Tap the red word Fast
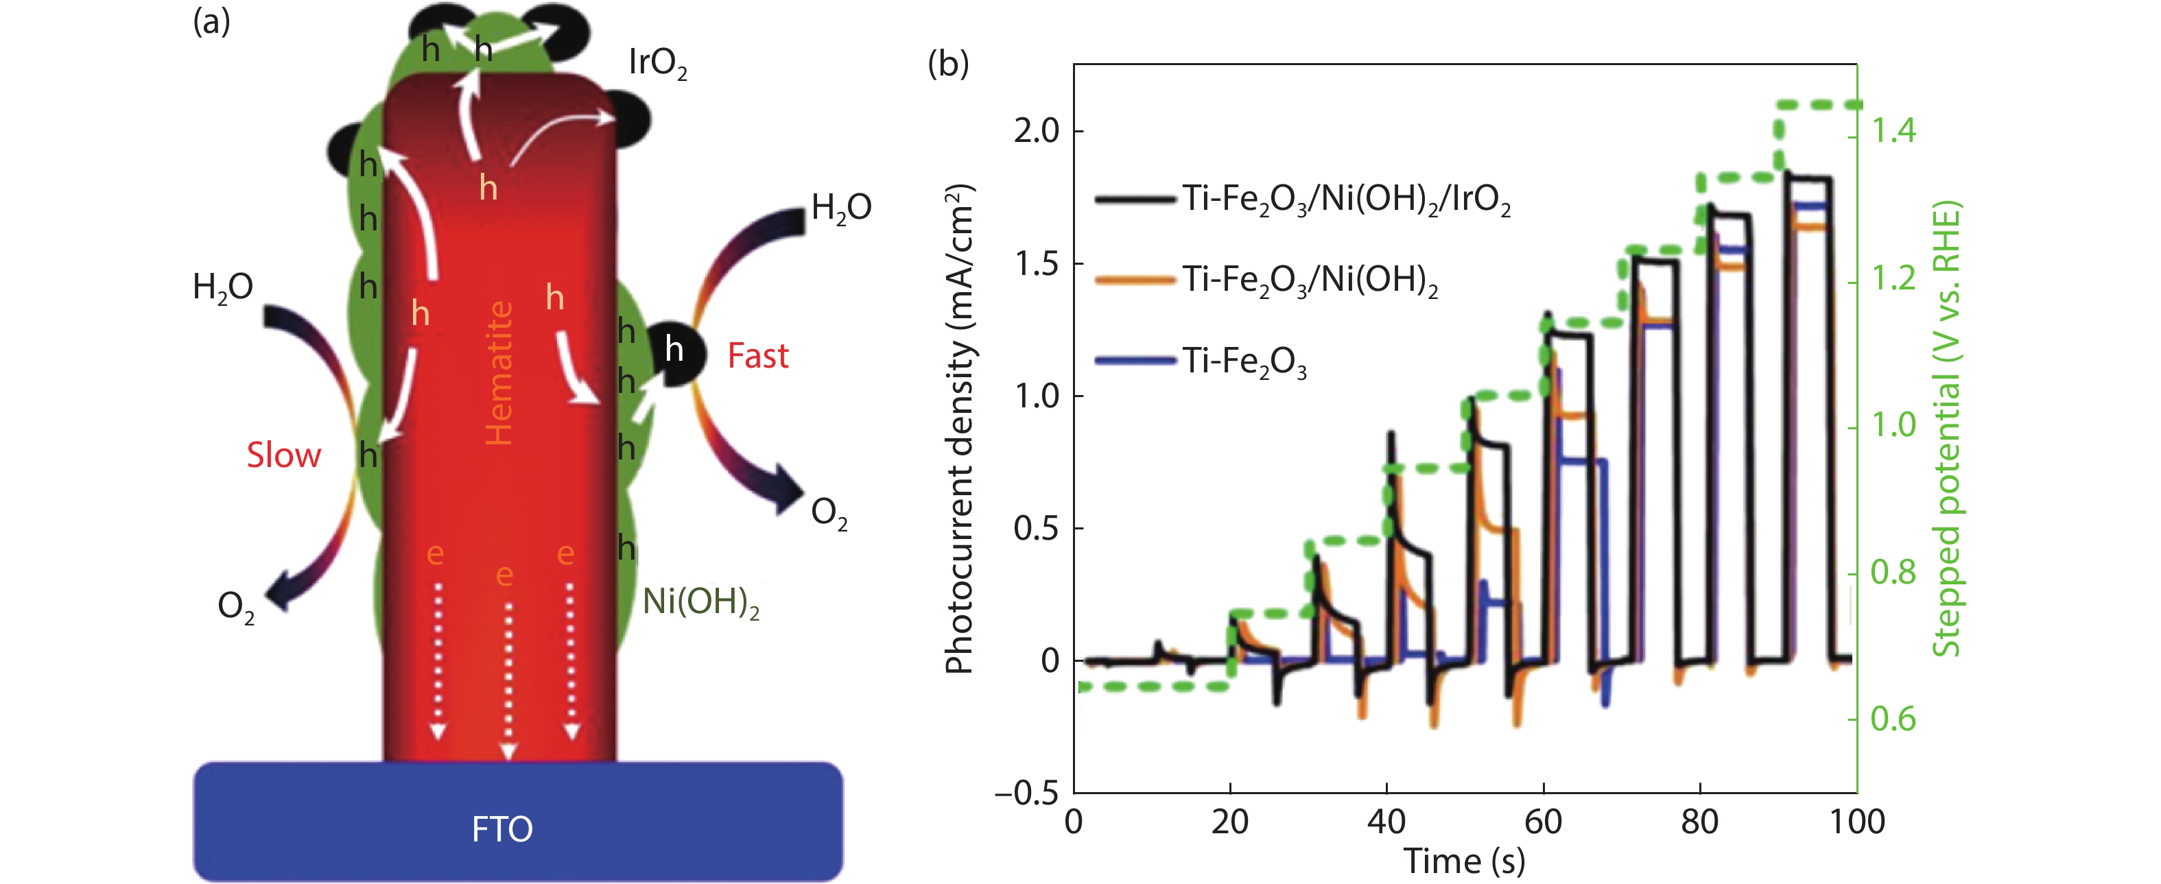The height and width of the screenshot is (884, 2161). [x=757, y=357]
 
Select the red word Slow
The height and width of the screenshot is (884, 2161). [x=283, y=455]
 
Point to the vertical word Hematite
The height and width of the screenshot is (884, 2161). [x=499, y=373]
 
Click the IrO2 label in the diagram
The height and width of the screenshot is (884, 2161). [x=658, y=63]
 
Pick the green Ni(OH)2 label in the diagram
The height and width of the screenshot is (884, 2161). [x=700, y=602]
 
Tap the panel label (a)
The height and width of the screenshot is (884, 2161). [x=211, y=22]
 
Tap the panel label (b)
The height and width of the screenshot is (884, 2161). [x=948, y=64]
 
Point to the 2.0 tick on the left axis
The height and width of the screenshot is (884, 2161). [x=1036, y=132]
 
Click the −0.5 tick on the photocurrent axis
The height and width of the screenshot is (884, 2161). [x=1027, y=793]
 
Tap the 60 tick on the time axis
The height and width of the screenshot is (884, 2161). [x=1543, y=822]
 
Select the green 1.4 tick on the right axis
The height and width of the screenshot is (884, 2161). [x=1894, y=132]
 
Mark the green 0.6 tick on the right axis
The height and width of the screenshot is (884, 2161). [x=1894, y=719]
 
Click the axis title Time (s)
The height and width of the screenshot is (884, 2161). [x=1464, y=861]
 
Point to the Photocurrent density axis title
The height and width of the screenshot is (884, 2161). [x=960, y=428]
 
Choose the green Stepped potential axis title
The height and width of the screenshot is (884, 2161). [x=1946, y=428]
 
